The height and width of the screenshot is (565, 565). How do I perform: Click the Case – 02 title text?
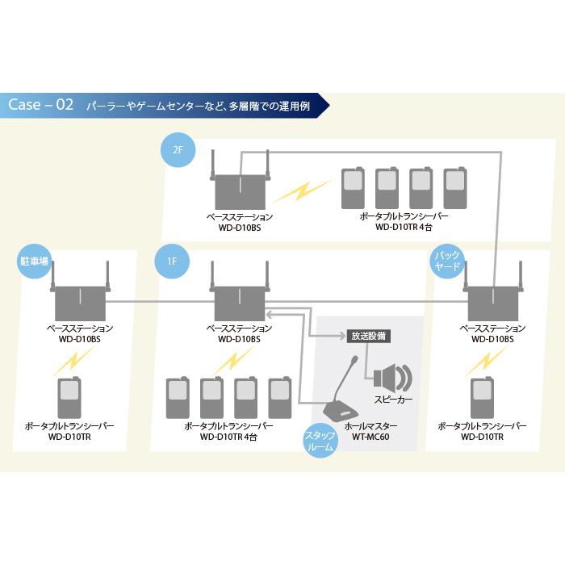(x=41, y=105)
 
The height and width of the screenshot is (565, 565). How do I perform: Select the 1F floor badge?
(x=171, y=262)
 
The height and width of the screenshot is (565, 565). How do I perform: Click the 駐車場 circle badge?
(x=34, y=262)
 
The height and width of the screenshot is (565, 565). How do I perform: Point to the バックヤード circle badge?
(x=447, y=262)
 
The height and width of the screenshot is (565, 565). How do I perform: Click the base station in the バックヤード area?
(x=493, y=301)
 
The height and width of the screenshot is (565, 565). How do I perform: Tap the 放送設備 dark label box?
(x=369, y=335)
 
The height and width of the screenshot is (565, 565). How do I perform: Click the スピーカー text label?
(x=393, y=400)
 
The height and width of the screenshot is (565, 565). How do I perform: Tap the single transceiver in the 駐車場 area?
(x=70, y=397)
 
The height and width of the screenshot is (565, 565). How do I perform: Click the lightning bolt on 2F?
(x=300, y=191)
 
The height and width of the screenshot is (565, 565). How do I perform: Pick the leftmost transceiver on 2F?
(x=352, y=189)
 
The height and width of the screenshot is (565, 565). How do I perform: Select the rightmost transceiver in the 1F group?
(x=279, y=397)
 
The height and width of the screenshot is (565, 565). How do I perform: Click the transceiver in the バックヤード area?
(x=483, y=397)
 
